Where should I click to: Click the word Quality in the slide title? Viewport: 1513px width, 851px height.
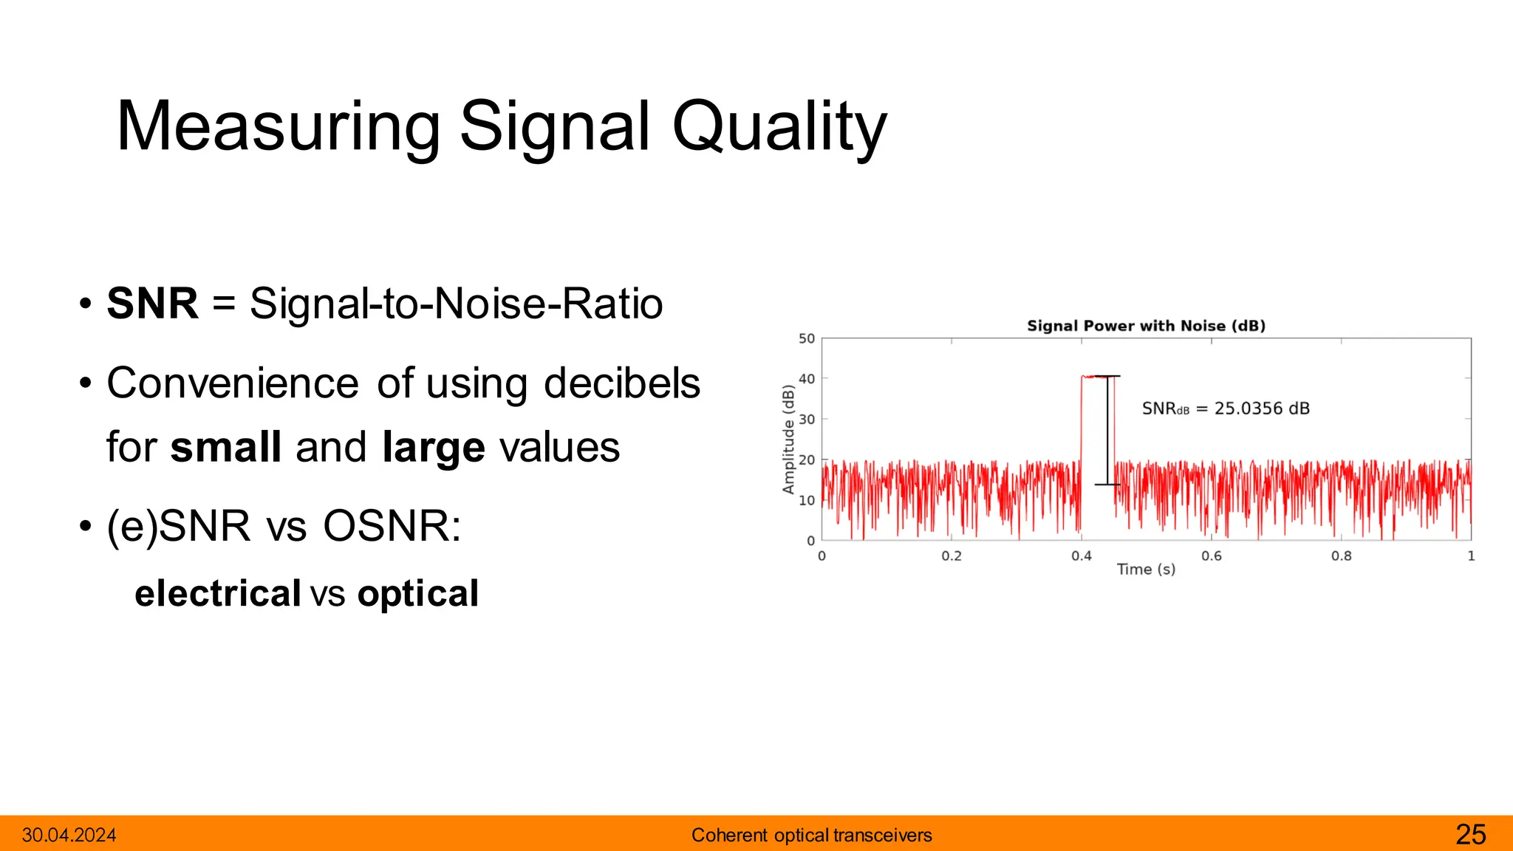tap(779, 127)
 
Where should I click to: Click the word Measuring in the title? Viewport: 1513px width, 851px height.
tap(278, 127)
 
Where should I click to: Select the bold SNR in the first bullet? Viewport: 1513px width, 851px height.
tap(152, 304)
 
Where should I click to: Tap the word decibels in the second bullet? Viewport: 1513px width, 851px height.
tap(621, 383)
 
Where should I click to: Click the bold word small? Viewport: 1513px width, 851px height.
tap(225, 448)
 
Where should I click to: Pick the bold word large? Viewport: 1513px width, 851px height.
tap(433, 448)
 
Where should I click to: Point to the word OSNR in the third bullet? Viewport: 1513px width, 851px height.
tap(392, 526)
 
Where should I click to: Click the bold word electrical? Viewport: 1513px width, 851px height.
tap(218, 594)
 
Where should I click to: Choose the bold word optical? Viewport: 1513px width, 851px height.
tap(418, 594)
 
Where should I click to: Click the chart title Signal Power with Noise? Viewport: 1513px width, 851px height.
tap(1146, 326)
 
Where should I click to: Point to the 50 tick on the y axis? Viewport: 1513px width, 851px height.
tap(806, 339)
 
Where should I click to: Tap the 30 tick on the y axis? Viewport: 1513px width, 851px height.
tap(806, 420)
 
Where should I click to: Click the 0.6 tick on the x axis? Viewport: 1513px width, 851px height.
tap(1211, 556)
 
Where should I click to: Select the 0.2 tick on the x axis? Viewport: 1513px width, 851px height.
tap(952, 556)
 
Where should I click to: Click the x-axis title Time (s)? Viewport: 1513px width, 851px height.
tap(1146, 570)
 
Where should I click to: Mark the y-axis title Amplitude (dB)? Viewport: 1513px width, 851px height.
tap(788, 440)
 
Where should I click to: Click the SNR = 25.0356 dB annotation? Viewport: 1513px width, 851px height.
tap(1225, 409)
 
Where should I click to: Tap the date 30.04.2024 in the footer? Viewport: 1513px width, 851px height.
tap(69, 835)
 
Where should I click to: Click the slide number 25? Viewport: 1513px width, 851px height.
tap(1470, 835)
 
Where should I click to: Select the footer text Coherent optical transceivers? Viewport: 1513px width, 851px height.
tap(811, 835)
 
